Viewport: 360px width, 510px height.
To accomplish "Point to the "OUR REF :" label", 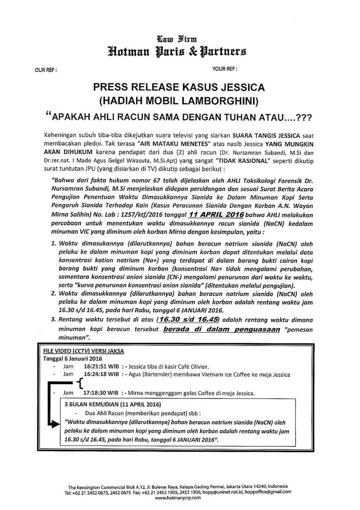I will click(45, 68).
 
